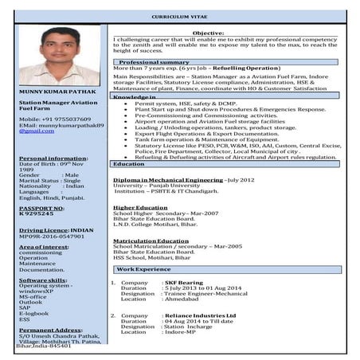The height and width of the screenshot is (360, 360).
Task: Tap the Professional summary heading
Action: pos(154,61)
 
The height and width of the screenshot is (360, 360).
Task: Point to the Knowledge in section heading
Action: pos(134,96)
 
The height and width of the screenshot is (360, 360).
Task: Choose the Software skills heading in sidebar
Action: pos(43,280)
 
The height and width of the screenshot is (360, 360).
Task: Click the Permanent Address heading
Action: pos(48,329)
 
